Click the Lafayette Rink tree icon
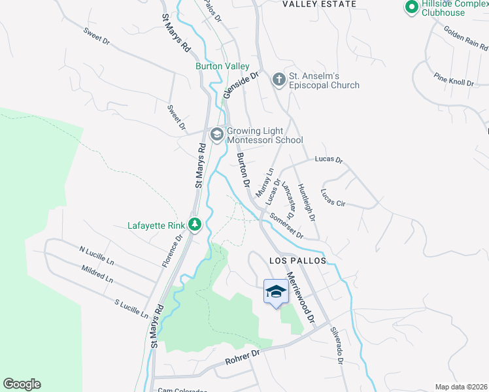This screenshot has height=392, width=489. (194, 225)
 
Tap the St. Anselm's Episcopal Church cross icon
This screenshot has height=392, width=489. (278, 80)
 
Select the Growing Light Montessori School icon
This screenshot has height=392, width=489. (217, 135)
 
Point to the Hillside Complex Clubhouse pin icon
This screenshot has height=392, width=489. (411, 8)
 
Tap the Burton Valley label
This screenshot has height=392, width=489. (223, 66)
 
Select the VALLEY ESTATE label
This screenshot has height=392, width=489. (319, 4)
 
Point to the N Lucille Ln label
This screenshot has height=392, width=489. (96, 255)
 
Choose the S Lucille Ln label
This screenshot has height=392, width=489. (131, 308)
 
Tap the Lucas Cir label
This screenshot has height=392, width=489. (333, 198)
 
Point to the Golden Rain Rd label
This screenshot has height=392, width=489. (465, 39)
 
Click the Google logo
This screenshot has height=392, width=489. (22, 384)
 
